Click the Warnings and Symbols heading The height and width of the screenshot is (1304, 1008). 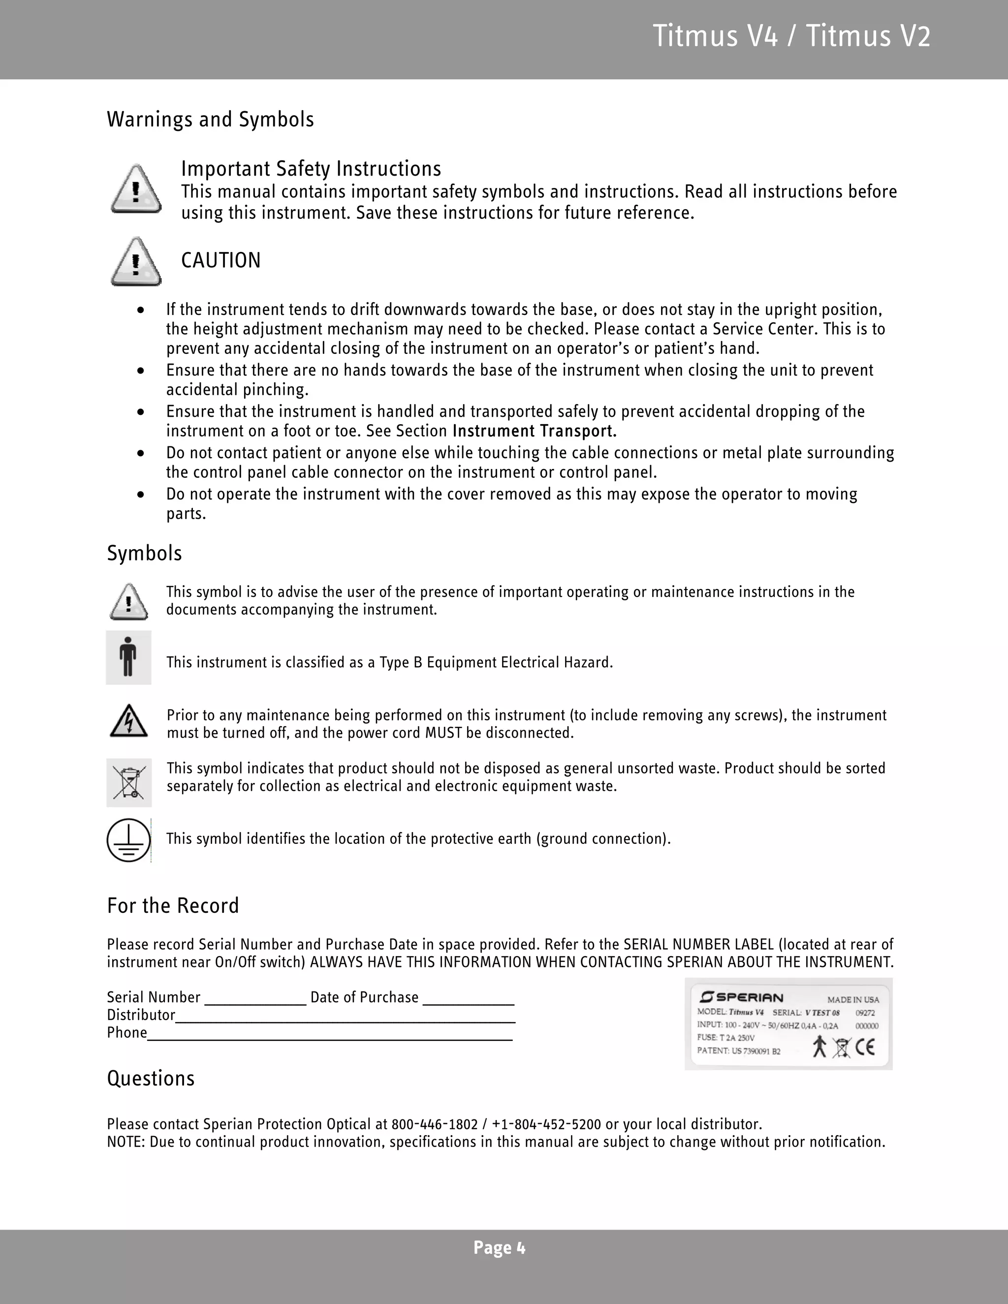pyautogui.click(x=210, y=120)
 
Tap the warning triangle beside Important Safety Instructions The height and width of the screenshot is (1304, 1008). pyautogui.click(x=136, y=190)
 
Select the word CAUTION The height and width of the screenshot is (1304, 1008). pyautogui.click(x=220, y=260)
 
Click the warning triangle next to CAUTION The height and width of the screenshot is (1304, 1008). pyautogui.click(x=136, y=262)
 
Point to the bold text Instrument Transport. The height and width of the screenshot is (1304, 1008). pyautogui.click(x=535, y=431)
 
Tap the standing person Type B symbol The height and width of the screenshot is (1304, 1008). pyautogui.click(x=128, y=657)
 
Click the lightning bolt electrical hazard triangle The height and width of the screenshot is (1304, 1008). pyautogui.click(x=129, y=721)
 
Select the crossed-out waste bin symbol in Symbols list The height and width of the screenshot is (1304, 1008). pyautogui.click(x=129, y=782)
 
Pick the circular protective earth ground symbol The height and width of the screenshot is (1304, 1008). pyautogui.click(x=128, y=839)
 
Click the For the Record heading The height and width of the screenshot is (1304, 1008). pyautogui.click(x=173, y=906)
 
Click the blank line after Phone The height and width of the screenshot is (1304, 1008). pyautogui.click(x=330, y=1035)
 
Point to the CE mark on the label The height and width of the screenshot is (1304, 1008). pyautogui.click(x=865, y=1047)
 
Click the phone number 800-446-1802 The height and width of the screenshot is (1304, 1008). pyautogui.click(x=435, y=1125)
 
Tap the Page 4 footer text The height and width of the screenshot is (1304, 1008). pyautogui.click(x=499, y=1248)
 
